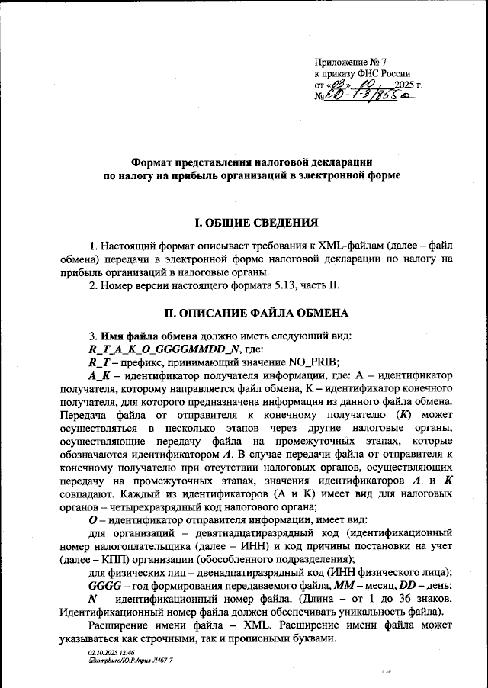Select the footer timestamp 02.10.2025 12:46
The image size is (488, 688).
(111, 653)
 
